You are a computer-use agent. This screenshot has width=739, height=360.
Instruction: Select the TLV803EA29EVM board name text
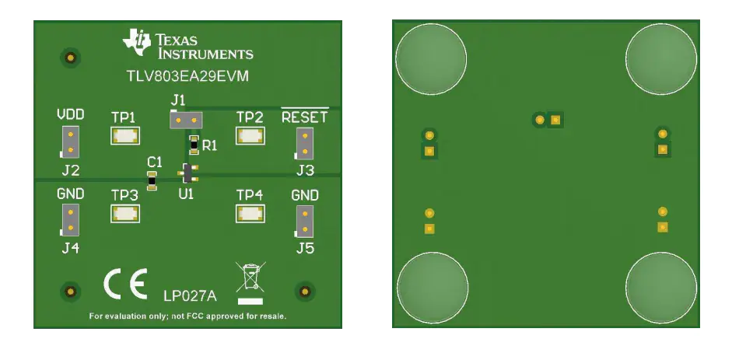point(187,76)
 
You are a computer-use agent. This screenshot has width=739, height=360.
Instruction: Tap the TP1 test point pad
point(125,136)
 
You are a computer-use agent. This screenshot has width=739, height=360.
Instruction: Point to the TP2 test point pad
point(250,136)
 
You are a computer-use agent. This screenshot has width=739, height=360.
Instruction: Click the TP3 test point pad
point(125,214)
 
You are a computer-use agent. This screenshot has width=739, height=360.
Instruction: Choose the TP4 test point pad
point(250,214)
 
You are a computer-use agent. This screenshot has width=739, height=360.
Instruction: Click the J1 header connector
point(186,121)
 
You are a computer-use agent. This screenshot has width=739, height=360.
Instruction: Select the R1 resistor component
point(193,145)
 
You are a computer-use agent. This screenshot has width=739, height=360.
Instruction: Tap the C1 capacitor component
point(152,180)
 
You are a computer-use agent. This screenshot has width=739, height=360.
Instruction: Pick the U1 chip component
point(188,173)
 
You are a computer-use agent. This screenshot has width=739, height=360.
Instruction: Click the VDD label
point(71,114)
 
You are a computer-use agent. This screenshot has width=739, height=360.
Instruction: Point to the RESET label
point(304,117)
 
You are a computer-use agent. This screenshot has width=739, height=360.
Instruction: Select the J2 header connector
point(70,142)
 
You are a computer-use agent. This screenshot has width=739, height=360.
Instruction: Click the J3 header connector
point(304,143)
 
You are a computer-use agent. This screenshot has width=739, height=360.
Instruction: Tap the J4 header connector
point(70,219)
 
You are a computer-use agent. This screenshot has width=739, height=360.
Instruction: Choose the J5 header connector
point(304,222)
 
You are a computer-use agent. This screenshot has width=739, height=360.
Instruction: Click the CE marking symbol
point(125,284)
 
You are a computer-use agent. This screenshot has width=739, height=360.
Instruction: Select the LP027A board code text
point(190,296)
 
